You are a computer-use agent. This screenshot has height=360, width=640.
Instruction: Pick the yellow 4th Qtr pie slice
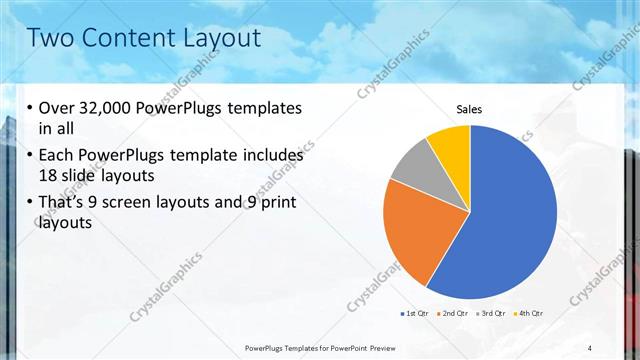click(x=450, y=146)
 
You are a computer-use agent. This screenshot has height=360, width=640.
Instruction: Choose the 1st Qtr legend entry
click(x=416, y=313)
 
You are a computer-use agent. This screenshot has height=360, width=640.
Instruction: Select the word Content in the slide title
click(x=125, y=38)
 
